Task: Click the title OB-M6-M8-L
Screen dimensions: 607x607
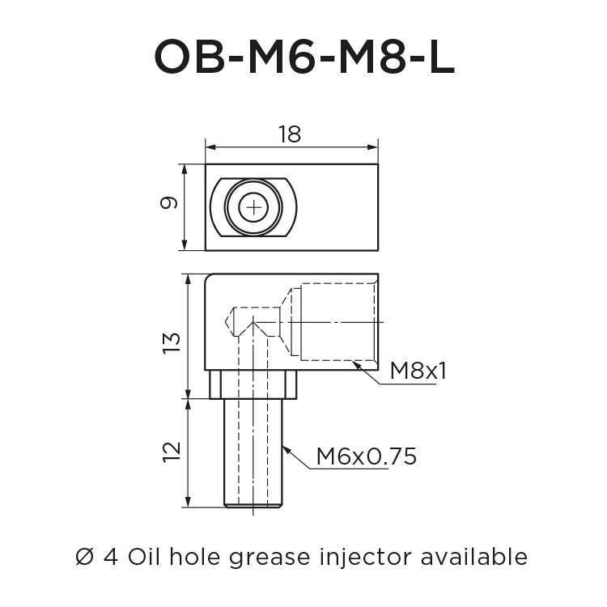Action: (303, 57)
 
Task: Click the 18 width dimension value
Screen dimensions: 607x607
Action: (289, 134)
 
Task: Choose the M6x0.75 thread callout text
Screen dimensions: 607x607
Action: (366, 456)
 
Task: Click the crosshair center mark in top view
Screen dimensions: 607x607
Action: (255, 208)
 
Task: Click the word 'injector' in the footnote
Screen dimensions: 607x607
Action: (362, 558)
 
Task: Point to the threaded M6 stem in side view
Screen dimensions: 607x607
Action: (253, 453)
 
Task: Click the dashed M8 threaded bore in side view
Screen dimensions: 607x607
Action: (337, 321)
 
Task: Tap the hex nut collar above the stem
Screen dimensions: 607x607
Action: (253, 384)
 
